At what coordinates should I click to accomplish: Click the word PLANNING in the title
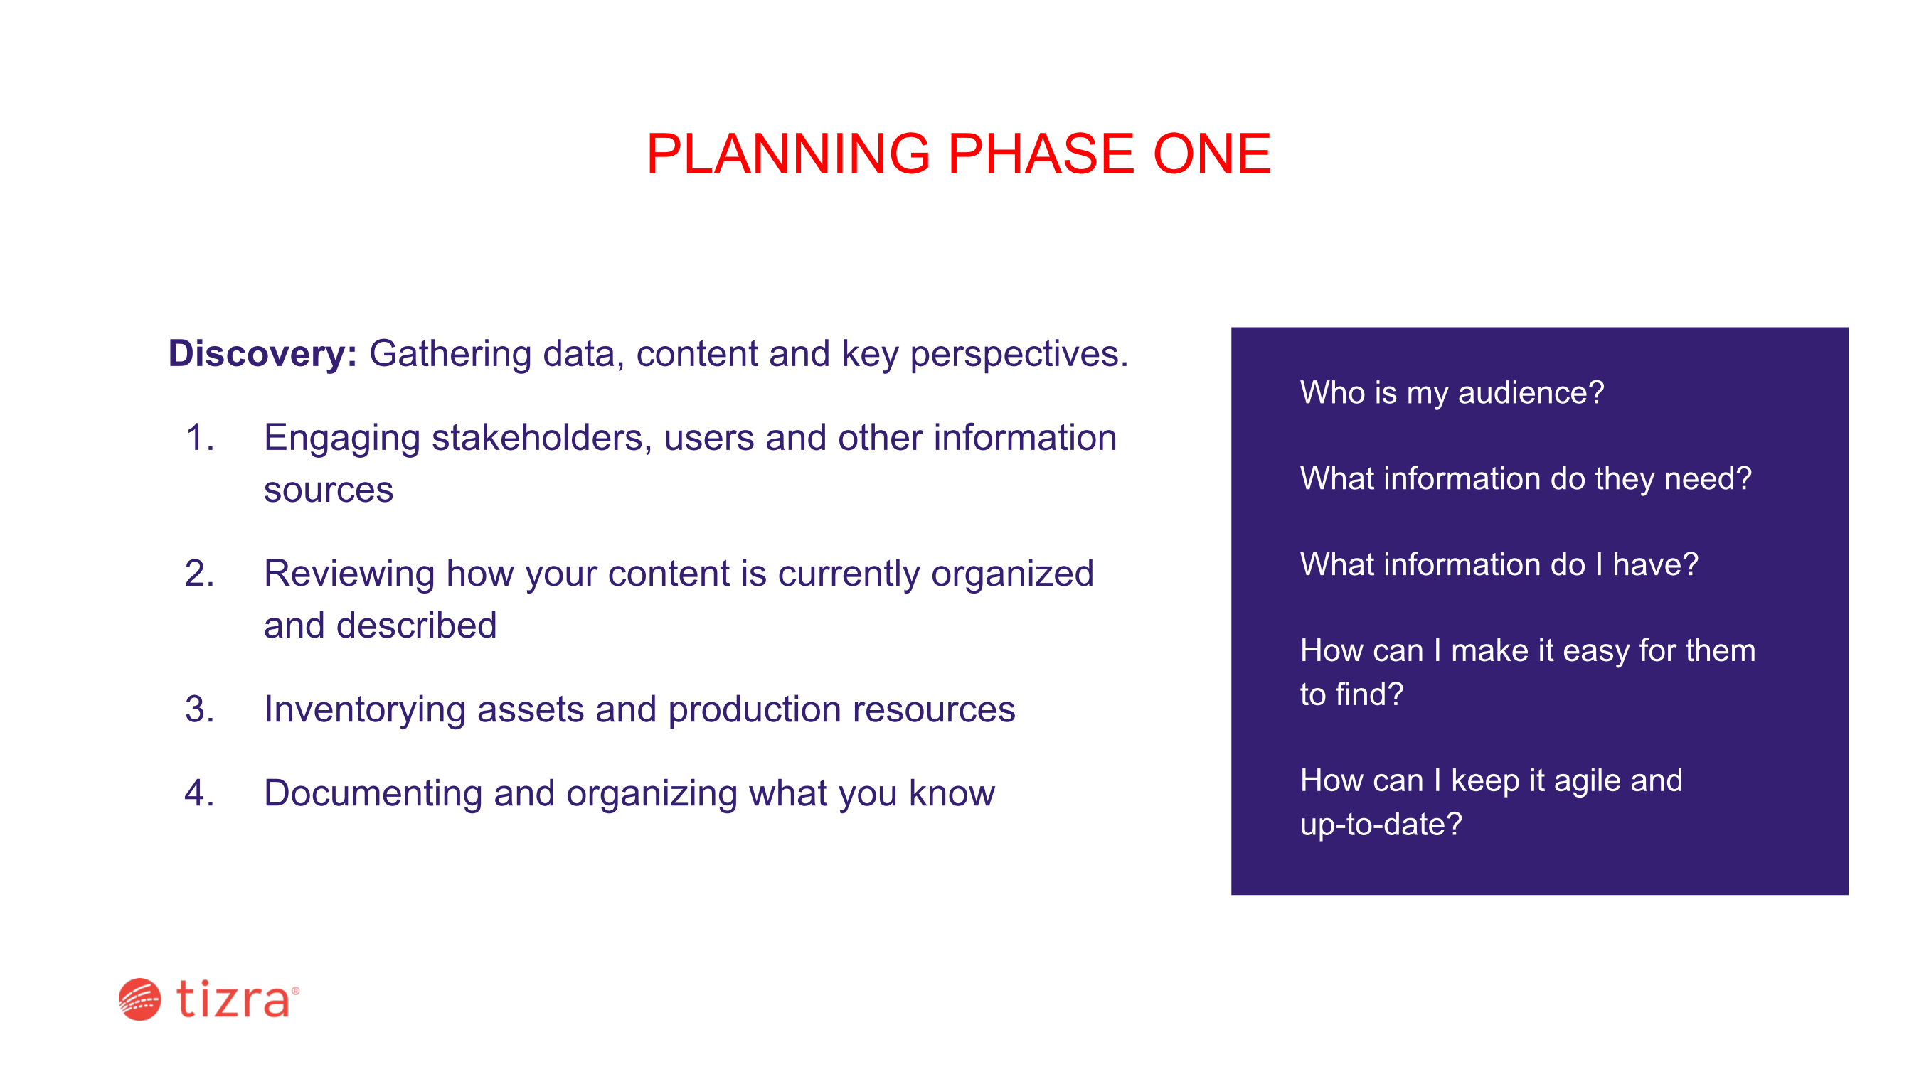(788, 154)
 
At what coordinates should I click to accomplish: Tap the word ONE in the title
(1212, 154)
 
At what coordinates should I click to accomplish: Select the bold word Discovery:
(263, 354)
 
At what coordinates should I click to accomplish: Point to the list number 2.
(200, 574)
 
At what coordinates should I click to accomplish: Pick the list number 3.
(200, 709)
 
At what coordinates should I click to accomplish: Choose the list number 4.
(200, 793)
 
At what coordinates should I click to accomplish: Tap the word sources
(329, 490)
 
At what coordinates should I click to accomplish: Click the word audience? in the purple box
(1531, 392)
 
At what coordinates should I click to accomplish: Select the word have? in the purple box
(1655, 564)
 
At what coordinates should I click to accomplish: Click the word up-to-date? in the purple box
(1381, 825)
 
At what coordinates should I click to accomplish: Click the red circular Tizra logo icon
(140, 999)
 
